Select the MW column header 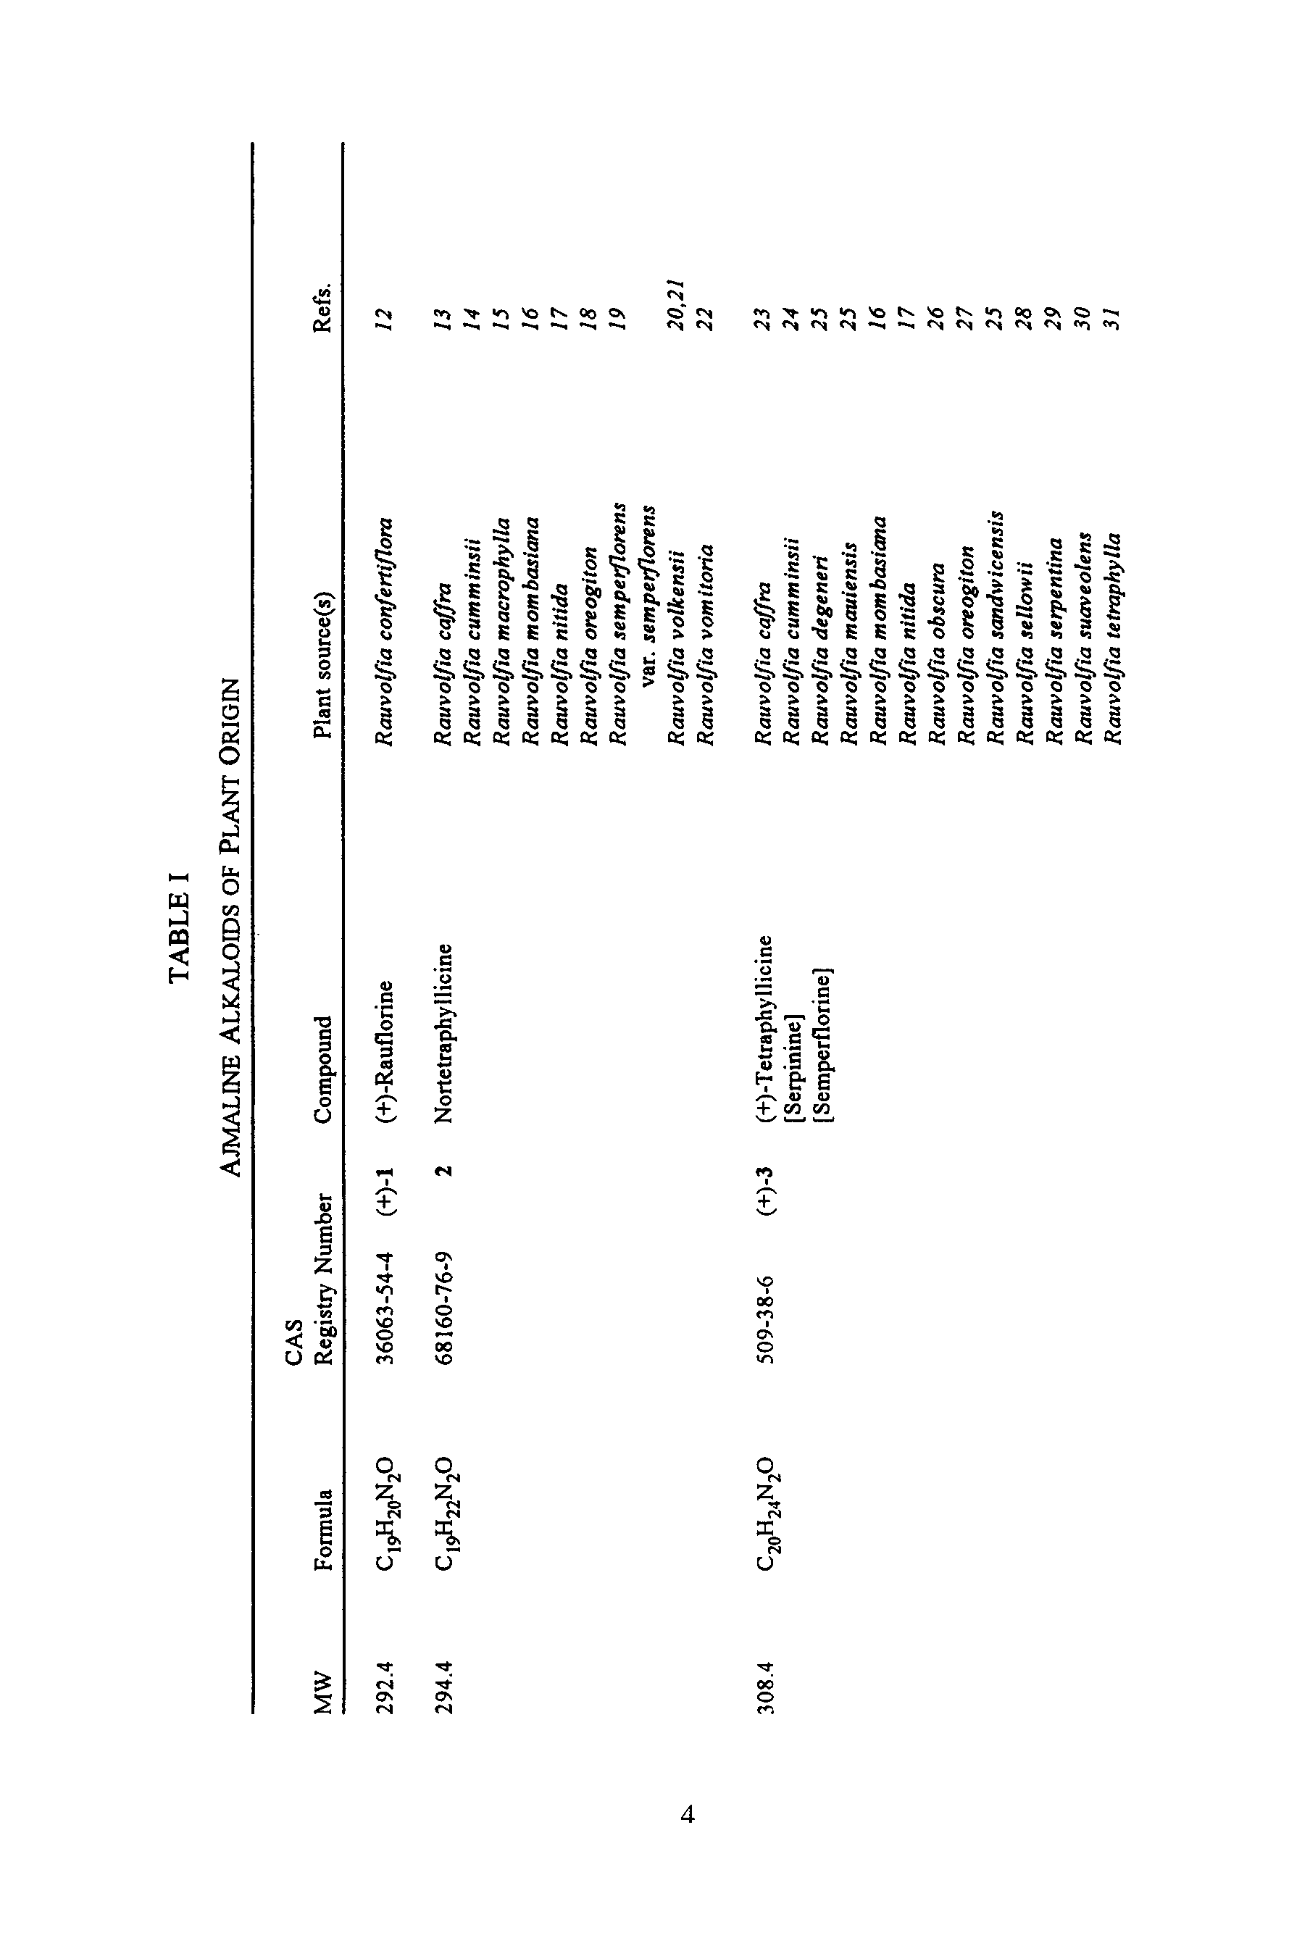coord(324,1691)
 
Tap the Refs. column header coord(324,307)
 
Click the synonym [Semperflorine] coord(824,1042)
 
